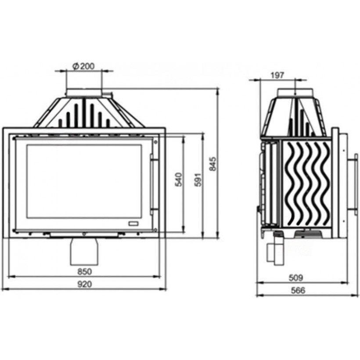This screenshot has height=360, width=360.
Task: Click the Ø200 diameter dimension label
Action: [83, 66]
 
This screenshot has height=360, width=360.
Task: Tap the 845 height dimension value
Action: [213, 164]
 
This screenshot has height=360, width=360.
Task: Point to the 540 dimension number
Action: [179, 180]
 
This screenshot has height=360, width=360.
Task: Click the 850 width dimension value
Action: [84, 272]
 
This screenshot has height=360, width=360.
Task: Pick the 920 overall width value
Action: [84, 284]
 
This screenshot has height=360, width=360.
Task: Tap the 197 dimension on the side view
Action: [277, 75]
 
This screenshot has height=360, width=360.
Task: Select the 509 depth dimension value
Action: [296, 278]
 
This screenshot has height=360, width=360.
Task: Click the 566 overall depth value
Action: [298, 291]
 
